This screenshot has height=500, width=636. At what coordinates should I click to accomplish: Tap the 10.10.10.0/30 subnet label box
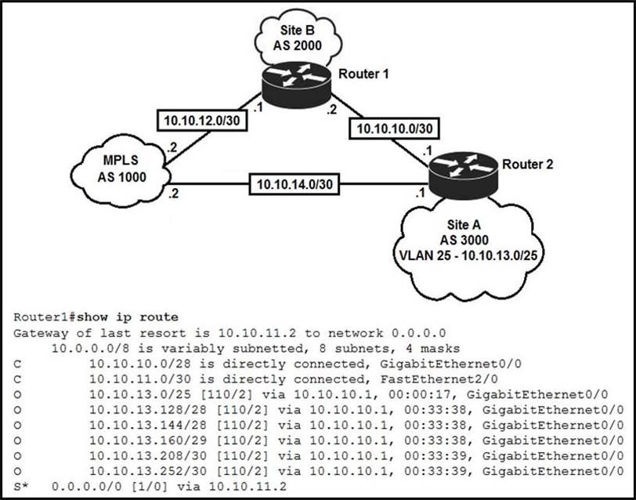pyautogui.click(x=394, y=128)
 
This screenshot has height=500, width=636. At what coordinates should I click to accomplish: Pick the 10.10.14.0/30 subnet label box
pyautogui.click(x=291, y=185)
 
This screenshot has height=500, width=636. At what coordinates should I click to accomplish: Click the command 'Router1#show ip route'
pyautogui.click(x=96, y=317)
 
